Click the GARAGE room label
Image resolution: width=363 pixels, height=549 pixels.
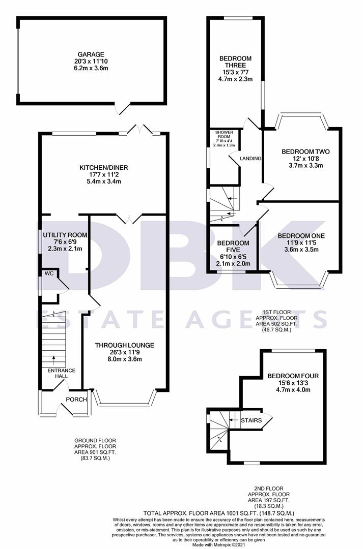tap(91, 54)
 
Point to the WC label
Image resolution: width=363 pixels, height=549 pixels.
tap(49, 273)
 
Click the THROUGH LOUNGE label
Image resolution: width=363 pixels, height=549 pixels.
tap(124, 345)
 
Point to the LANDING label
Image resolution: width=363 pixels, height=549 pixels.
tap(251, 159)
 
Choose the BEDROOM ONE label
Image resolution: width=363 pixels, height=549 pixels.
tap(301, 235)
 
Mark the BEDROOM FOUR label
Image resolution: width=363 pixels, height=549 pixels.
tap(289, 376)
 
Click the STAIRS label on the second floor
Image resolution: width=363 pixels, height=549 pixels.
tap(251, 420)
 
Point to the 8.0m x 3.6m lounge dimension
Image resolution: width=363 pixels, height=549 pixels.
tap(124, 359)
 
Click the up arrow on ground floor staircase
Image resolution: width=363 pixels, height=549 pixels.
tap(54, 360)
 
